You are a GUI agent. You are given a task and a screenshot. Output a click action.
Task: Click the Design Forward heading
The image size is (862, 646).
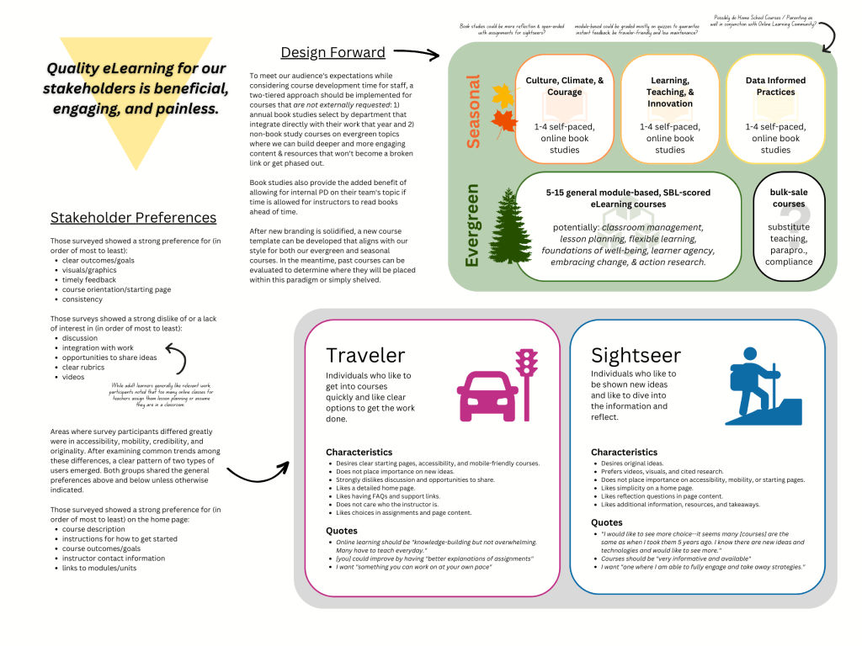333,52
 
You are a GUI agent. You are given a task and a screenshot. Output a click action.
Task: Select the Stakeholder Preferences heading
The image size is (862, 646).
133,218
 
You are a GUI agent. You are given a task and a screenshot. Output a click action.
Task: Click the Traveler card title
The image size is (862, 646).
365,355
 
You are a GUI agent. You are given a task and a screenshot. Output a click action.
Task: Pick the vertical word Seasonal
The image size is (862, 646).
473,112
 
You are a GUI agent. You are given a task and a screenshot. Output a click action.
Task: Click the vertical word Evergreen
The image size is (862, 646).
472,225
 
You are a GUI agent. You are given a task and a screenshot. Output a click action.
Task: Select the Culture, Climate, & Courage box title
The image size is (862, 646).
565,87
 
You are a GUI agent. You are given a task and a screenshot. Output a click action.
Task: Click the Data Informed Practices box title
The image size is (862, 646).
775,87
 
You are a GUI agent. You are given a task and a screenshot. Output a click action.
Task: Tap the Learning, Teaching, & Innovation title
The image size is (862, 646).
670,93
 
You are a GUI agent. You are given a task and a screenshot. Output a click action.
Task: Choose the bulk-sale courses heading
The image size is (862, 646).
789,199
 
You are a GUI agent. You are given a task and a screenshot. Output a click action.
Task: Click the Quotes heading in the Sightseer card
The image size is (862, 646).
607,522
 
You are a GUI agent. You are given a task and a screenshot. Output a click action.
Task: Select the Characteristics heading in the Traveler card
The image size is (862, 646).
359,453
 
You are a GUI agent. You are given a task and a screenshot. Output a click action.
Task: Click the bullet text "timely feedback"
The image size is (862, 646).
92,280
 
